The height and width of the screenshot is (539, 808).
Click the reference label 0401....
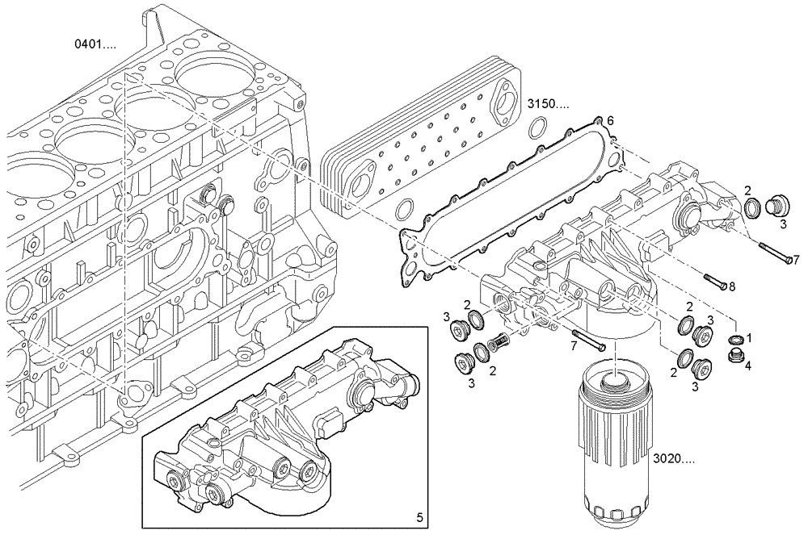95,44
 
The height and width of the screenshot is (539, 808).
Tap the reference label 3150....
549,104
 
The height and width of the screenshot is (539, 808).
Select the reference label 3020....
674,458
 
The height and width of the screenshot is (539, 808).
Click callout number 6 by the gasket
611,121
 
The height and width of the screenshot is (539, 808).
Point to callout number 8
731,286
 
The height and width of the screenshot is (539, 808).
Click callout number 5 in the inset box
419,518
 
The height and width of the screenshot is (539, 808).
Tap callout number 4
747,366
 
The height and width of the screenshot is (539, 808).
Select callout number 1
749,338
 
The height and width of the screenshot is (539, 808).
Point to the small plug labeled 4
734,357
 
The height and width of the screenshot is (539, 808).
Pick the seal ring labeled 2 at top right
755,207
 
